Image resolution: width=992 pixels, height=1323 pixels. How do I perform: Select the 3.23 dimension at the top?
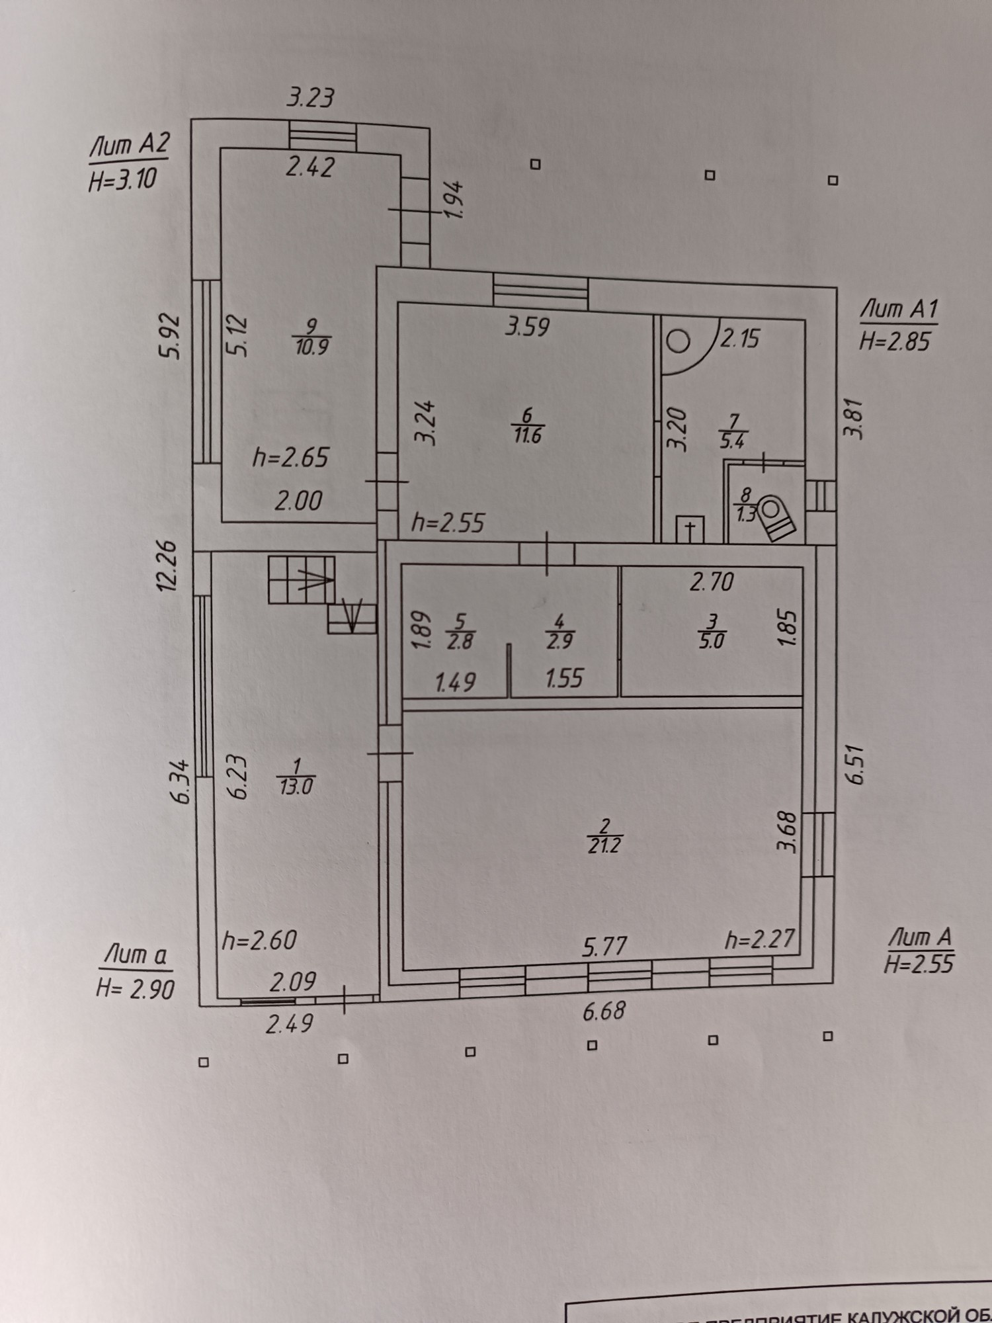(x=310, y=98)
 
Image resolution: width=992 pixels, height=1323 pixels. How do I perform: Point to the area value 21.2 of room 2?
(x=604, y=845)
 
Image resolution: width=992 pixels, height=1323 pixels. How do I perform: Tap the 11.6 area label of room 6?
(x=527, y=435)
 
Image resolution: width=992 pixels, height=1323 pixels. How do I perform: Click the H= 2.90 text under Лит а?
(x=136, y=989)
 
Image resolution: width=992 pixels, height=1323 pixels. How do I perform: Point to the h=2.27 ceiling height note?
(x=759, y=940)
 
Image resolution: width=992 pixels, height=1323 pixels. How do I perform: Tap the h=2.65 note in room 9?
(x=291, y=458)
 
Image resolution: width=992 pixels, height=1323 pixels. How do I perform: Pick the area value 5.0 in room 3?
(x=712, y=641)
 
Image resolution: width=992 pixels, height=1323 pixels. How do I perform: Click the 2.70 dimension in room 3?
(x=712, y=583)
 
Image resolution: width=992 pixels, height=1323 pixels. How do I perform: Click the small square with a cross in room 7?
(x=690, y=529)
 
